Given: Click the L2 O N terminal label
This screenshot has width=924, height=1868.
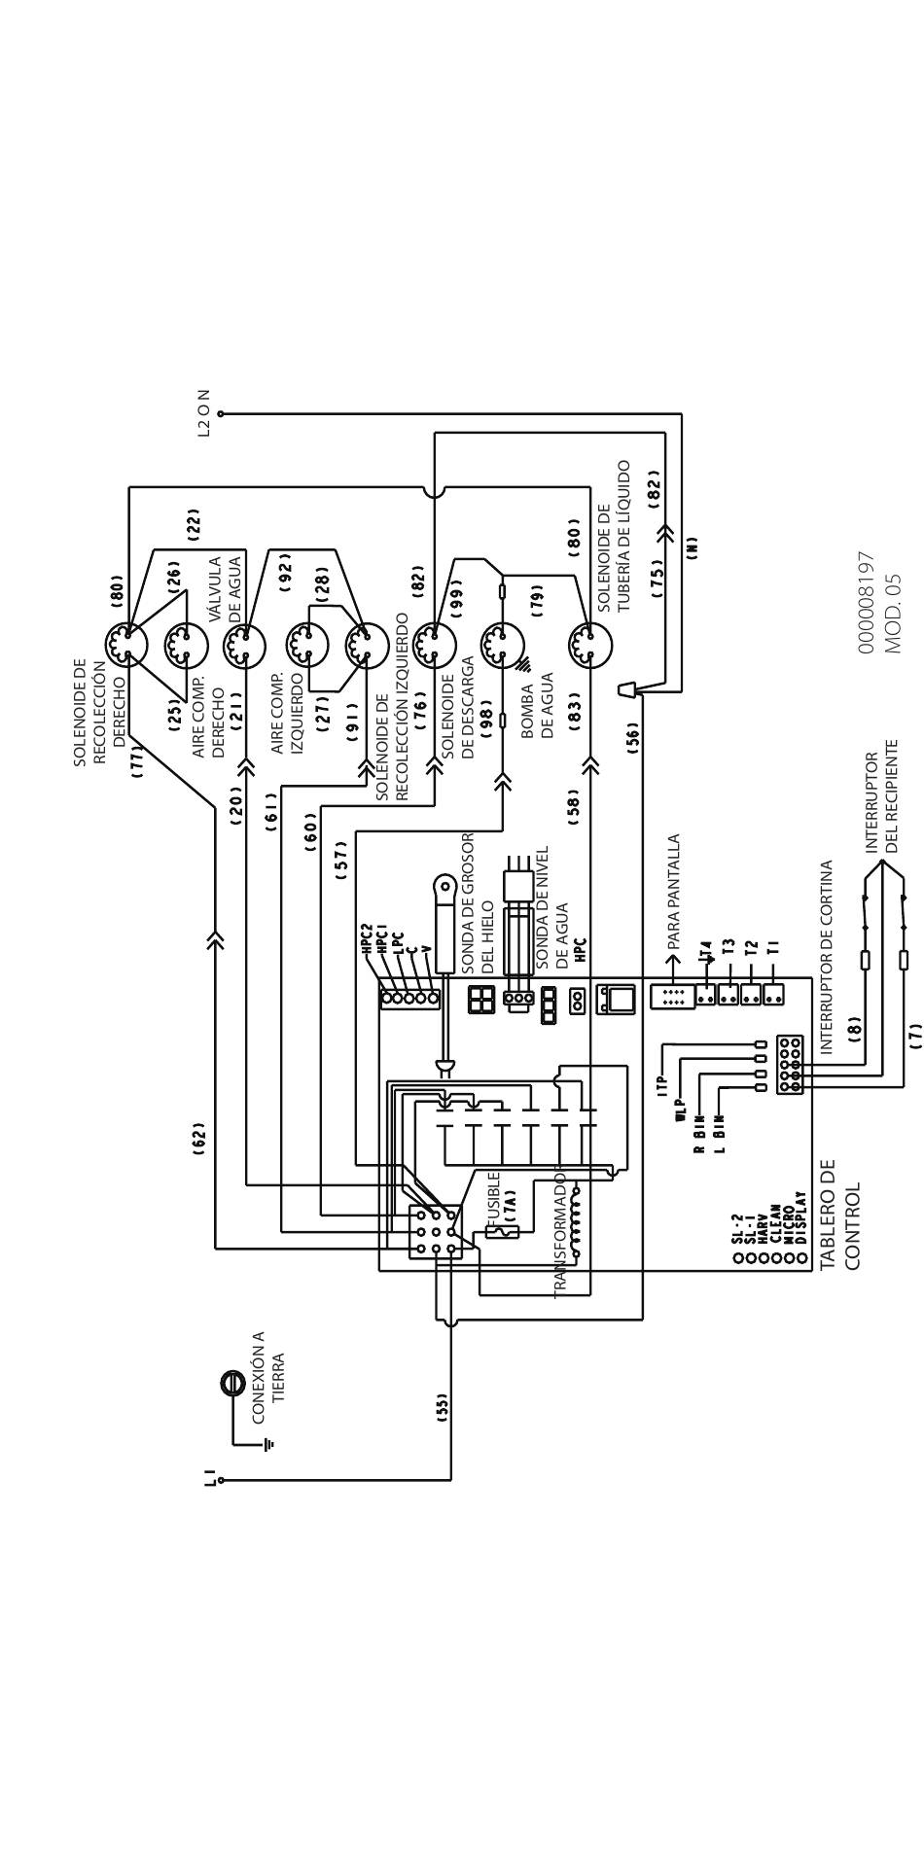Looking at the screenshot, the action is point(203,413).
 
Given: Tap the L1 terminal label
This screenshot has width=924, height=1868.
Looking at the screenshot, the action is point(210,1479).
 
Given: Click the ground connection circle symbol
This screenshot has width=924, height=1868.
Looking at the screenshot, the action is point(232,1384).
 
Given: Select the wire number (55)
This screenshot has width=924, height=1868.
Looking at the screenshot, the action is point(442,1407).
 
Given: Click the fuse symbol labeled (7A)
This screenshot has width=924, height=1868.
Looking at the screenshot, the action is point(502,1231).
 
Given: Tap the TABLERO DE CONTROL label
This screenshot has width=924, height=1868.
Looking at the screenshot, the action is point(840,1214).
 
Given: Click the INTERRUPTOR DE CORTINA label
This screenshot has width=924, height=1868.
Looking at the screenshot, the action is point(827,957).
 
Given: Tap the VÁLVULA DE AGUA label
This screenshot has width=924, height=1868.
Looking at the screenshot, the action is point(225,588).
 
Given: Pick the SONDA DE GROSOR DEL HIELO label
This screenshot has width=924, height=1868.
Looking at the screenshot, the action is point(478,902).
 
